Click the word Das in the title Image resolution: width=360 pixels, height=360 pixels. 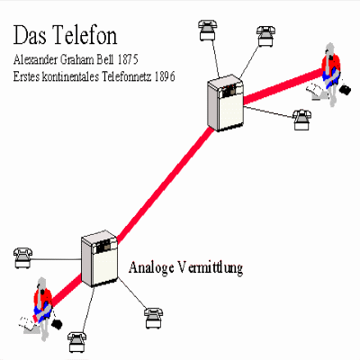pyautogui.click(x=30, y=35)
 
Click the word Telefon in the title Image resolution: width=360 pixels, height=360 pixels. pyautogui.click(x=85, y=34)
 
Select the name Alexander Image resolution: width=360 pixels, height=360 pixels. pyautogui.click(x=35, y=59)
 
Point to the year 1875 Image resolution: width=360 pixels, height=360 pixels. pyautogui.click(x=128, y=59)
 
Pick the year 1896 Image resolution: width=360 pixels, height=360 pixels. pyautogui.click(x=165, y=76)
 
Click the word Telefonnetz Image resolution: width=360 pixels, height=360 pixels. pyautogui.click(x=127, y=76)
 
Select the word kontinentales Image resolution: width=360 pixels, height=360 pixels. pyautogui.click(x=70, y=76)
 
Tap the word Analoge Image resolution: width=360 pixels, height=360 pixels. pyautogui.click(x=151, y=267)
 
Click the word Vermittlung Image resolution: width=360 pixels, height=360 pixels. pyautogui.click(x=210, y=267)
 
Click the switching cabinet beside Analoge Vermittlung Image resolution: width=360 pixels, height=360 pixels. pyautogui.click(x=99, y=258)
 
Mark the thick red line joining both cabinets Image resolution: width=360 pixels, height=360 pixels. pyautogui.click(x=165, y=184)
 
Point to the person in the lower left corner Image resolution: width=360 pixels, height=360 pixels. pyautogui.click(x=43, y=309)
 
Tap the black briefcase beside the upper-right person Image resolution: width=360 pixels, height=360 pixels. pyautogui.click(x=345, y=90)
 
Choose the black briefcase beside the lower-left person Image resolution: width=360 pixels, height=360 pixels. pyautogui.click(x=57, y=324)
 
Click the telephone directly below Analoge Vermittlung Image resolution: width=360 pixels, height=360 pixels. pyautogui.click(x=154, y=318)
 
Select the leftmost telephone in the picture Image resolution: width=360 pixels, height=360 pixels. pyautogui.click(x=22, y=257)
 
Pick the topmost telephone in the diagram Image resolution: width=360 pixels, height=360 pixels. pyautogui.click(x=207, y=30)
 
